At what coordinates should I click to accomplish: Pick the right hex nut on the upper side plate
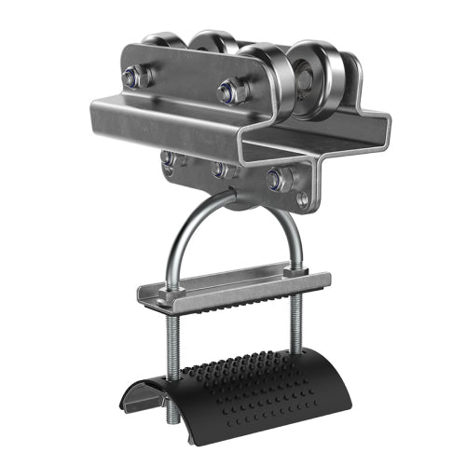pos(228,91)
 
